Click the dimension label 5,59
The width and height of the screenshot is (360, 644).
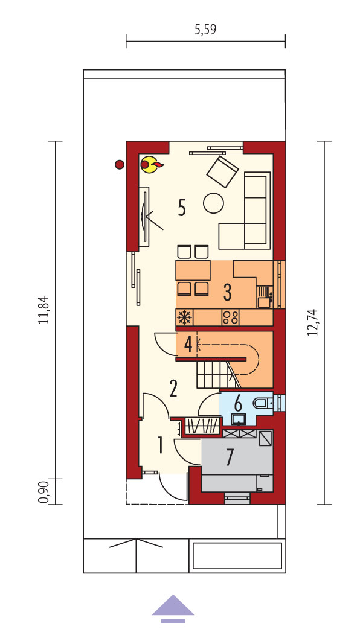tap(205, 30)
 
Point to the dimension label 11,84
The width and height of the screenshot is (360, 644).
tap(44, 310)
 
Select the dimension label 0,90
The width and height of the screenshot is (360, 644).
tap(44, 492)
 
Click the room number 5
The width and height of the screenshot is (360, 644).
tap(182, 208)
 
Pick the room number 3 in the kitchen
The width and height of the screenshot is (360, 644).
tap(227, 292)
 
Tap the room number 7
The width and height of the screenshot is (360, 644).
tap(230, 457)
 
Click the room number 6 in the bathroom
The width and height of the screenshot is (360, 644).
tap(238, 404)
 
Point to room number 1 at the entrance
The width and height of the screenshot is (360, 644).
tap(160, 445)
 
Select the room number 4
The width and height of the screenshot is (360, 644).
tap(188, 345)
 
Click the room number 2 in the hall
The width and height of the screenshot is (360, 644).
tap(173, 389)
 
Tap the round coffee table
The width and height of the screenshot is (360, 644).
tap(214, 203)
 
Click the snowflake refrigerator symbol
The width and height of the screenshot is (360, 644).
tap(184, 317)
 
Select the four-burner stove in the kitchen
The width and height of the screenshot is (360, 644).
tap(230, 317)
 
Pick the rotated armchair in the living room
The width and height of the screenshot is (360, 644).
tap(222, 171)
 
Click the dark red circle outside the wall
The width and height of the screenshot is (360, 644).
tap(120, 165)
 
